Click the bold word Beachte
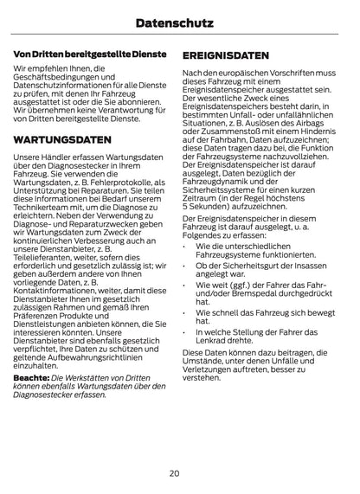pos(30,379)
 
